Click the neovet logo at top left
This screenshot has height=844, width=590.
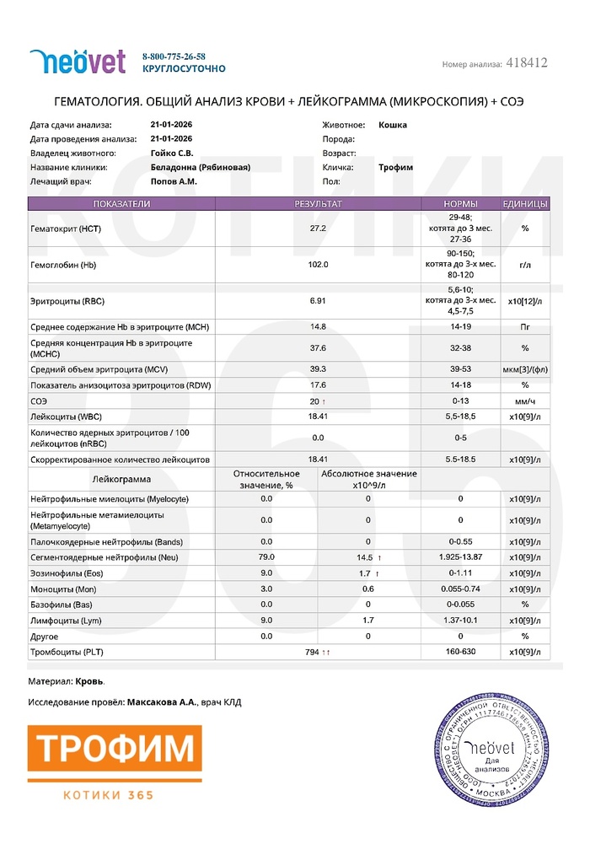coord(78,62)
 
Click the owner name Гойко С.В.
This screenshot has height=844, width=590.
coord(171,153)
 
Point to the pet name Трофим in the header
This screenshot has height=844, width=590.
coord(395,167)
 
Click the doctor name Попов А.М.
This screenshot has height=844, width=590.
coord(174,180)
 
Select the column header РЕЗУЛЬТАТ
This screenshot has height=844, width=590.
coord(317,204)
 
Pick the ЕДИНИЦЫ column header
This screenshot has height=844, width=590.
coord(524,204)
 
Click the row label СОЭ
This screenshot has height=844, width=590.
coord(39,401)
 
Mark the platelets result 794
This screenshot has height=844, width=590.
coord(314,652)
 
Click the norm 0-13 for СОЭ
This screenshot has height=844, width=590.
coord(460,401)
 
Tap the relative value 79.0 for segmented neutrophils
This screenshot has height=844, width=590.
coord(266,557)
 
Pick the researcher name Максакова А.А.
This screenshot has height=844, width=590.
coord(162,702)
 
